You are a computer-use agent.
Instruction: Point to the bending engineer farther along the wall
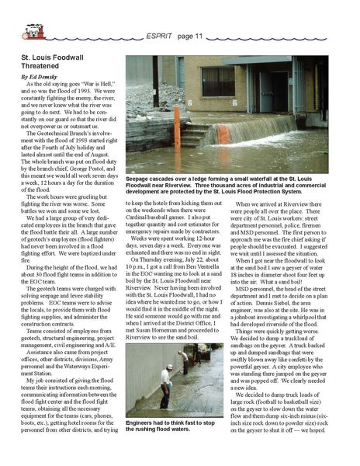coord(184,359)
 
